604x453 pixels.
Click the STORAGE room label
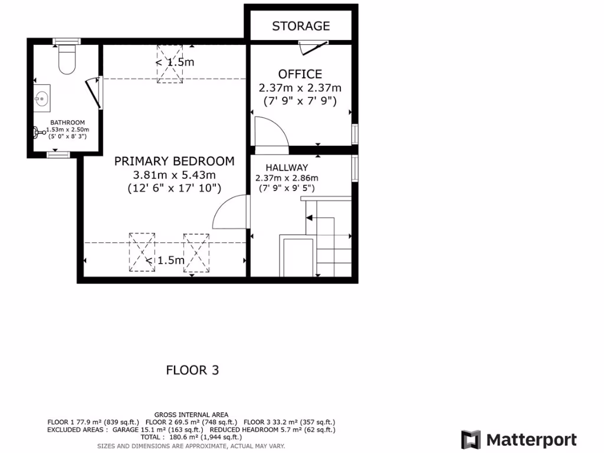coord(301,26)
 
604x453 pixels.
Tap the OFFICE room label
coord(300,74)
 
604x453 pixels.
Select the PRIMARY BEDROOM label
coord(174,160)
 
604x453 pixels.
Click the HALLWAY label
coord(287,168)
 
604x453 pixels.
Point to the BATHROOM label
coord(67,123)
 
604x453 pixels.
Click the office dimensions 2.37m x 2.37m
coord(300,88)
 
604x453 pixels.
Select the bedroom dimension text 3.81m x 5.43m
coord(174,175)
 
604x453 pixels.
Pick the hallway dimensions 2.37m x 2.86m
coord(287,178)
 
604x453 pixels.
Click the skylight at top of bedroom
coord(169,64)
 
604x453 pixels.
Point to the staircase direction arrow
coord(310,218)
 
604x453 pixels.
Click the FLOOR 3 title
coord(192,370)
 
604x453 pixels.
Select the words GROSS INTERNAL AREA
coord(191,415)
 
